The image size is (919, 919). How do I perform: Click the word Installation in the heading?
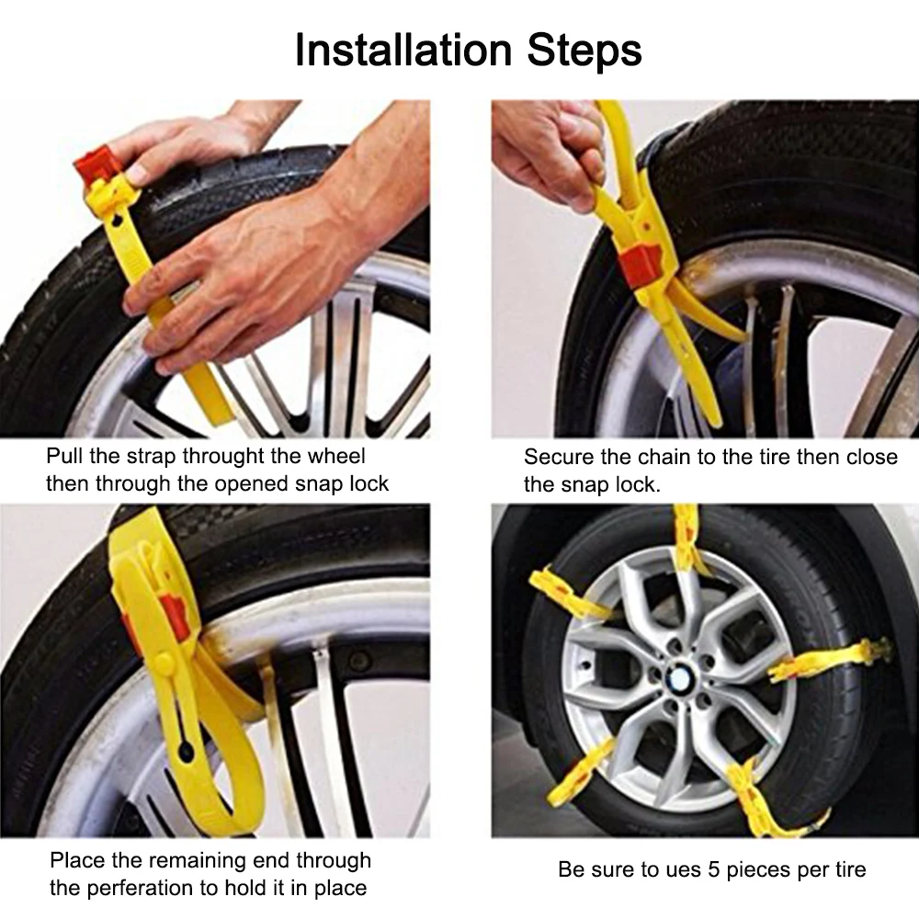(x=403, y=50)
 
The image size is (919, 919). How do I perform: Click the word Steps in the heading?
(x=584, y=51)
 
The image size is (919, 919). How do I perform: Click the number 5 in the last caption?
(x=713, y=869)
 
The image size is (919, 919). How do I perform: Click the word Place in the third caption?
(x=77, y=860)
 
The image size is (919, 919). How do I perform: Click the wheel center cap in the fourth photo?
(x=680, y=678)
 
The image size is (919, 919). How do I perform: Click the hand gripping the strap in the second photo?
(x=550, y=150)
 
